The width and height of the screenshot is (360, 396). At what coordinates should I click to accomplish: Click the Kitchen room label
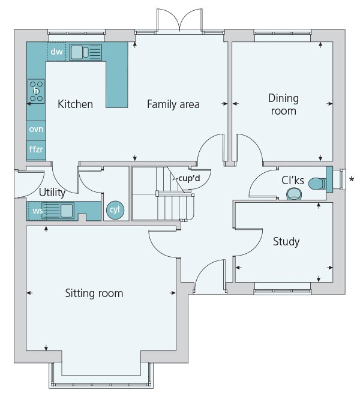click(x=75, y=104)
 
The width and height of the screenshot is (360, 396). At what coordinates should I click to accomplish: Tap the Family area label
click(x=173, y=104)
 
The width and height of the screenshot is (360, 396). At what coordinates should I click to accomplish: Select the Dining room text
click(x=283, y=104)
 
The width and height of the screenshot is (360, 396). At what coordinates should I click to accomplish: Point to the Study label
click(x=286, y=242)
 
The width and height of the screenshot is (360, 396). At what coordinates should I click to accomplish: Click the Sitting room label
click(x=94, y=293)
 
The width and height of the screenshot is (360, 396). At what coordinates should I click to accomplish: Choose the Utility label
click(x=52, y=193)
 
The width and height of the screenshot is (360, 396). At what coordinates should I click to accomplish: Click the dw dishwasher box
click(x=56, y=52)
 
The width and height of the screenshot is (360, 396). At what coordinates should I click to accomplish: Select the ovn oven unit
click(x=36, y=129)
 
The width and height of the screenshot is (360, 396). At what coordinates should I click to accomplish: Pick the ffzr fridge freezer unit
click(x=36, y=148)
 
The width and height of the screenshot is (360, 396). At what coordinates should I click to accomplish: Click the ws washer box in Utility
click(x=37, y=211)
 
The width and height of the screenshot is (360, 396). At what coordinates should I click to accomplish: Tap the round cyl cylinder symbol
click(x=113, y=210)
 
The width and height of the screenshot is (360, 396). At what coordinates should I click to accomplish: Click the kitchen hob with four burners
click(x=36, y=91)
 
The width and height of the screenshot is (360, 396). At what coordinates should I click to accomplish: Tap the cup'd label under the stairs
click(x=188, y=178)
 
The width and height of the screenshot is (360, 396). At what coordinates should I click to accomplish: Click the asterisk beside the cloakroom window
click(x=352, y=178)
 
